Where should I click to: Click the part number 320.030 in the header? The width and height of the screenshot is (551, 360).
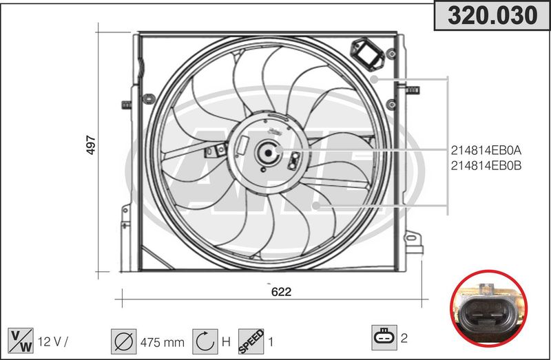[x=492, y=15]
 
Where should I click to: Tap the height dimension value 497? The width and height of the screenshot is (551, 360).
[x=91, y=145]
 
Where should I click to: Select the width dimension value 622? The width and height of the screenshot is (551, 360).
[x=281, y=292]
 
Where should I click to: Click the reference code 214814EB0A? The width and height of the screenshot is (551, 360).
[x=486, y=150]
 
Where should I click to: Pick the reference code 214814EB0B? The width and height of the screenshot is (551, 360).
[x=486, y=165]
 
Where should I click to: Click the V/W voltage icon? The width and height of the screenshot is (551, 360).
[x=21, y=341]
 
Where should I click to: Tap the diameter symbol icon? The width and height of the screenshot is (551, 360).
[x=124, y=341]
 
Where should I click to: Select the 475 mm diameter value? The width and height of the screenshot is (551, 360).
[x=162, y=342]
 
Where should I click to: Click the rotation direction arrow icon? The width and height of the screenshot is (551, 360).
[x=205, y=341]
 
